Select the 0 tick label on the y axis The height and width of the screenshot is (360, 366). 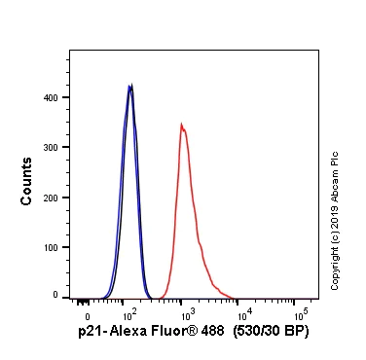(58, 295)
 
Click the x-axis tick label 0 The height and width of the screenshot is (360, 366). (88, 317)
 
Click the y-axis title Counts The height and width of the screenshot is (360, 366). (26, 184)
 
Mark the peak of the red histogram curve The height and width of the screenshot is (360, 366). (181, 125)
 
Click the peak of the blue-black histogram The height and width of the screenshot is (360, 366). (130, 86)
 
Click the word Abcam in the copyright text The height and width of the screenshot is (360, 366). (335, 179)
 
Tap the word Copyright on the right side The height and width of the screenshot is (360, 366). (335, 266)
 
